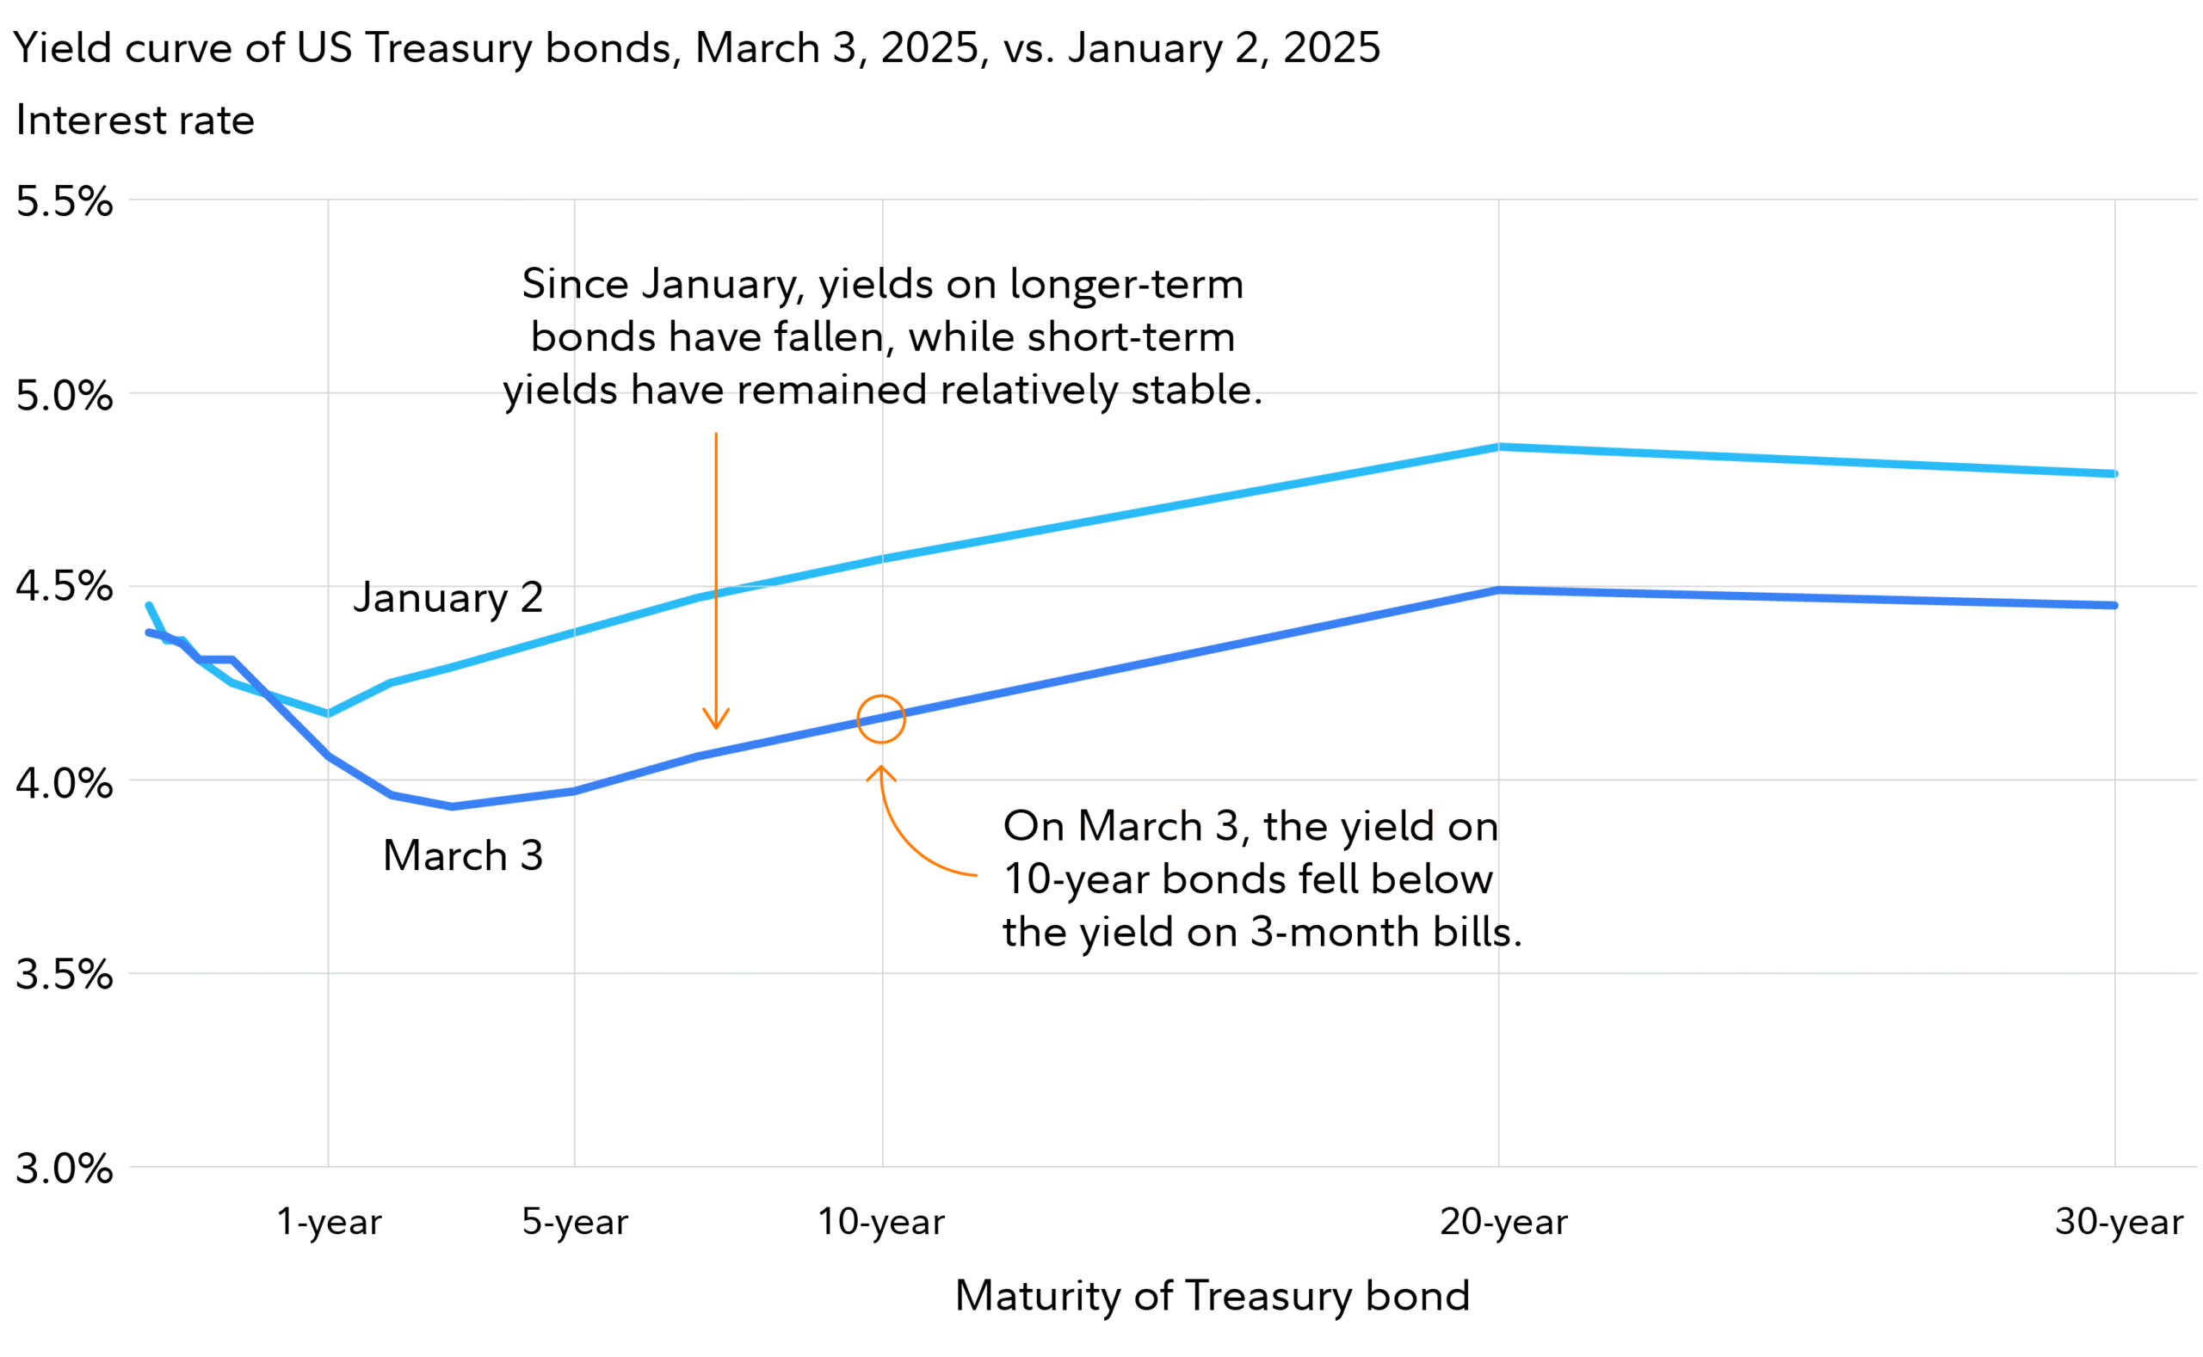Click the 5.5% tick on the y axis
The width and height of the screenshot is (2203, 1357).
[65, 201]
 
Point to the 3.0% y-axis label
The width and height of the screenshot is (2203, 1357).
[65, 1169]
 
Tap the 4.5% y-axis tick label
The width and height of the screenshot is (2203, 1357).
[65, 587]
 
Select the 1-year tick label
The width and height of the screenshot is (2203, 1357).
[329, 1222]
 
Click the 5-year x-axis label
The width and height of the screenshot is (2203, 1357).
[574, 1222]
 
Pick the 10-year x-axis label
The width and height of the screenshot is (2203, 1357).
[880, 1222]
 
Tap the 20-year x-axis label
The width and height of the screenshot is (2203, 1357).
[1503, 1222]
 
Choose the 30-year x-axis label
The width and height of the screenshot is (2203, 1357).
[2118, 1222]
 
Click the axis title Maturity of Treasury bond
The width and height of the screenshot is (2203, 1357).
[1212, 1296]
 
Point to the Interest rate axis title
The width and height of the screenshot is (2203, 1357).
[134, 120]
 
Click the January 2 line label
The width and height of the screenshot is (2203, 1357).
[447, 598]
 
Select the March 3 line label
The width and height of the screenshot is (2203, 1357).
[462, 855]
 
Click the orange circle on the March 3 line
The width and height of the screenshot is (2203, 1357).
[880, 719]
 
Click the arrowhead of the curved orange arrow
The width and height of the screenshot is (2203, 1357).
[880, 768]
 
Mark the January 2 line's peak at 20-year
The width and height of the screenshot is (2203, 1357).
[1497, 447]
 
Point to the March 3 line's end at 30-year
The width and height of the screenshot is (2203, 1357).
[2114, 606]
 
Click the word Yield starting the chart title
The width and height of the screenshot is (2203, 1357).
[62, 47]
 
